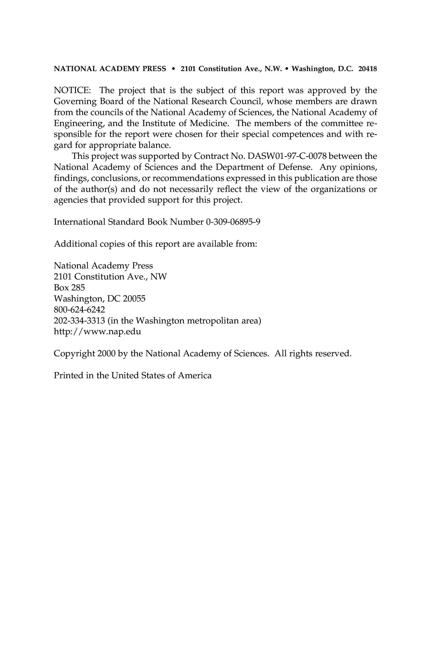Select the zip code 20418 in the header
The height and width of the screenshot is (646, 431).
(x=368, y=69)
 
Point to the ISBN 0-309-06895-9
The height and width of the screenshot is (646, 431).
(x=233, y=222)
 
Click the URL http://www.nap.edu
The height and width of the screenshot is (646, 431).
(x=97, y=332)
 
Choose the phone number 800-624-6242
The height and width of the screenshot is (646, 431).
(x=79, y=310)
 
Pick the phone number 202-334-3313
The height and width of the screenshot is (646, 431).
(x=79, y=321)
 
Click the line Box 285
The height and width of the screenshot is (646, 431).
(x=69, y=288)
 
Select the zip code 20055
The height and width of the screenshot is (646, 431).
(x=134, y=299)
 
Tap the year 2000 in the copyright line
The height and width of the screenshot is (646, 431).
(x=106, y=353)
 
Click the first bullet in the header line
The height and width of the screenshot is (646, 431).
(x=173, y=69)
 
